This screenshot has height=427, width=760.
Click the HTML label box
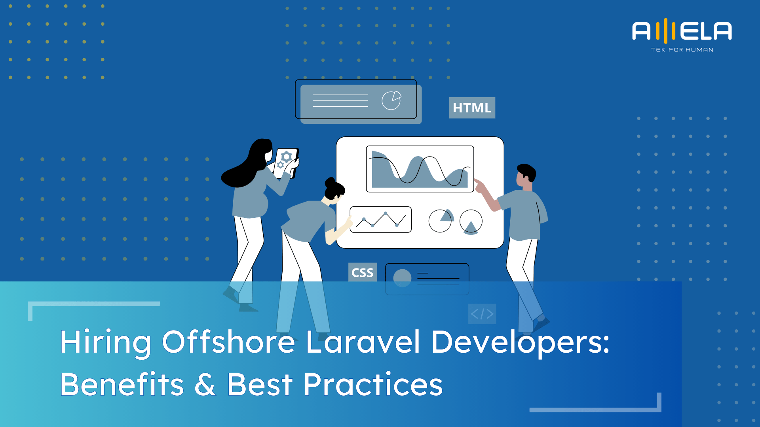(472, 108)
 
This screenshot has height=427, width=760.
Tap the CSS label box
(362, 272)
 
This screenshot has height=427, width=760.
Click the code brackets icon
(482, 314)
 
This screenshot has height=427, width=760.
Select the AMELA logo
(682, 31)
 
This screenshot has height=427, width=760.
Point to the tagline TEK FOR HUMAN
(682, 50)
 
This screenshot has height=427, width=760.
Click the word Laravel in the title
(363, 342)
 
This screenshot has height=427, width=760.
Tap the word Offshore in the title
(228, 342)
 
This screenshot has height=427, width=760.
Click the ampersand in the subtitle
(205, 384)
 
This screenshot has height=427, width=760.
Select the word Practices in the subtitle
(373, 384)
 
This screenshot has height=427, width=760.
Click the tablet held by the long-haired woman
(286, 162)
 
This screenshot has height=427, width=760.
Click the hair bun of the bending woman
(330, 182)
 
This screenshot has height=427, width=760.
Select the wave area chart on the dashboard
(420, 169)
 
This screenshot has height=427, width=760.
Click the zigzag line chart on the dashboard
(380, 219)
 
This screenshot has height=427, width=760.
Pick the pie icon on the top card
(391, 100)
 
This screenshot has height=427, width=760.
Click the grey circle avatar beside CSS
(402, 278)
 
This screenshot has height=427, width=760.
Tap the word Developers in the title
(520, 342)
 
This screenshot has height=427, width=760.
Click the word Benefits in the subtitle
(122, 384)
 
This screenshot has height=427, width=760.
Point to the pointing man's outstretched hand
(479, 185)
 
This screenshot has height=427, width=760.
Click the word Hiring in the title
(105, 342)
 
